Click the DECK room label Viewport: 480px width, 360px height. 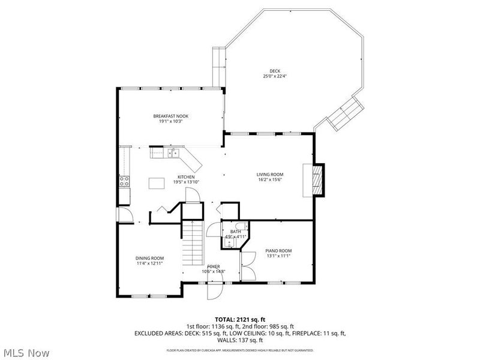pos(275,71)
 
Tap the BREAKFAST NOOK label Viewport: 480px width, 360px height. pos(170,116)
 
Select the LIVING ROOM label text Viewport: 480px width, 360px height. pos(269,174)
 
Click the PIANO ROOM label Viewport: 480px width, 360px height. pos(278,250)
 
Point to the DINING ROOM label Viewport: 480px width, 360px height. pos(149,257)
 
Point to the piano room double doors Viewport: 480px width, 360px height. pos(247,266)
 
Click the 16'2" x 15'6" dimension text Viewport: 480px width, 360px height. pos(269,179)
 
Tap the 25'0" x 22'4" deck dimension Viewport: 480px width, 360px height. pos(275,76)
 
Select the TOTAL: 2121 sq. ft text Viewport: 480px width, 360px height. pos(239,319)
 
